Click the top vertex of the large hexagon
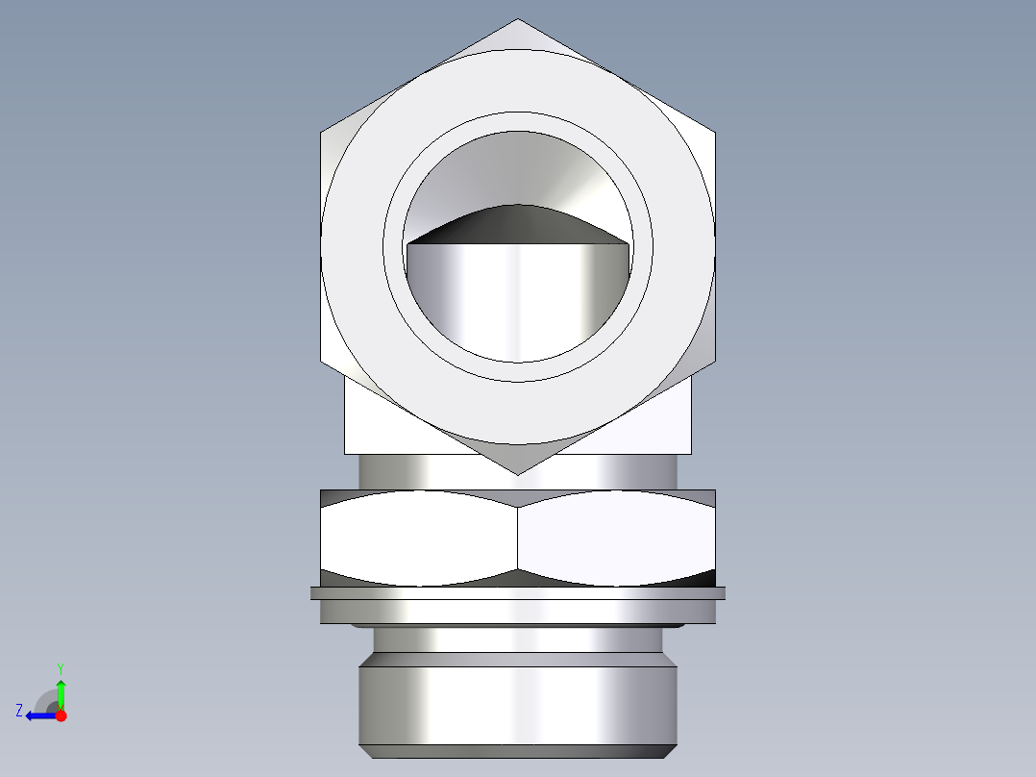tap(518, 20)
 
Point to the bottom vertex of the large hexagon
tap(518, 473)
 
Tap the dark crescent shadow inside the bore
tap(517, 223)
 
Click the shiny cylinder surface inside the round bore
tap(517, 298)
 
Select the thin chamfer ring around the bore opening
tap(518, 122)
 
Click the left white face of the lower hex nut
tap(419, 539)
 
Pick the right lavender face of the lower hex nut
tap(615, 539)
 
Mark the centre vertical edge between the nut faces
tap(518, 539)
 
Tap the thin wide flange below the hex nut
tap(518, 593)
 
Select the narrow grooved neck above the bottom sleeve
tap(518, 639)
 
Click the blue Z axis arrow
tap(38, 715)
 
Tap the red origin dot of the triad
tap(61, 715)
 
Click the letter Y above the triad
tap(61, 667)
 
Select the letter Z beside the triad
tap(19, 711)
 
